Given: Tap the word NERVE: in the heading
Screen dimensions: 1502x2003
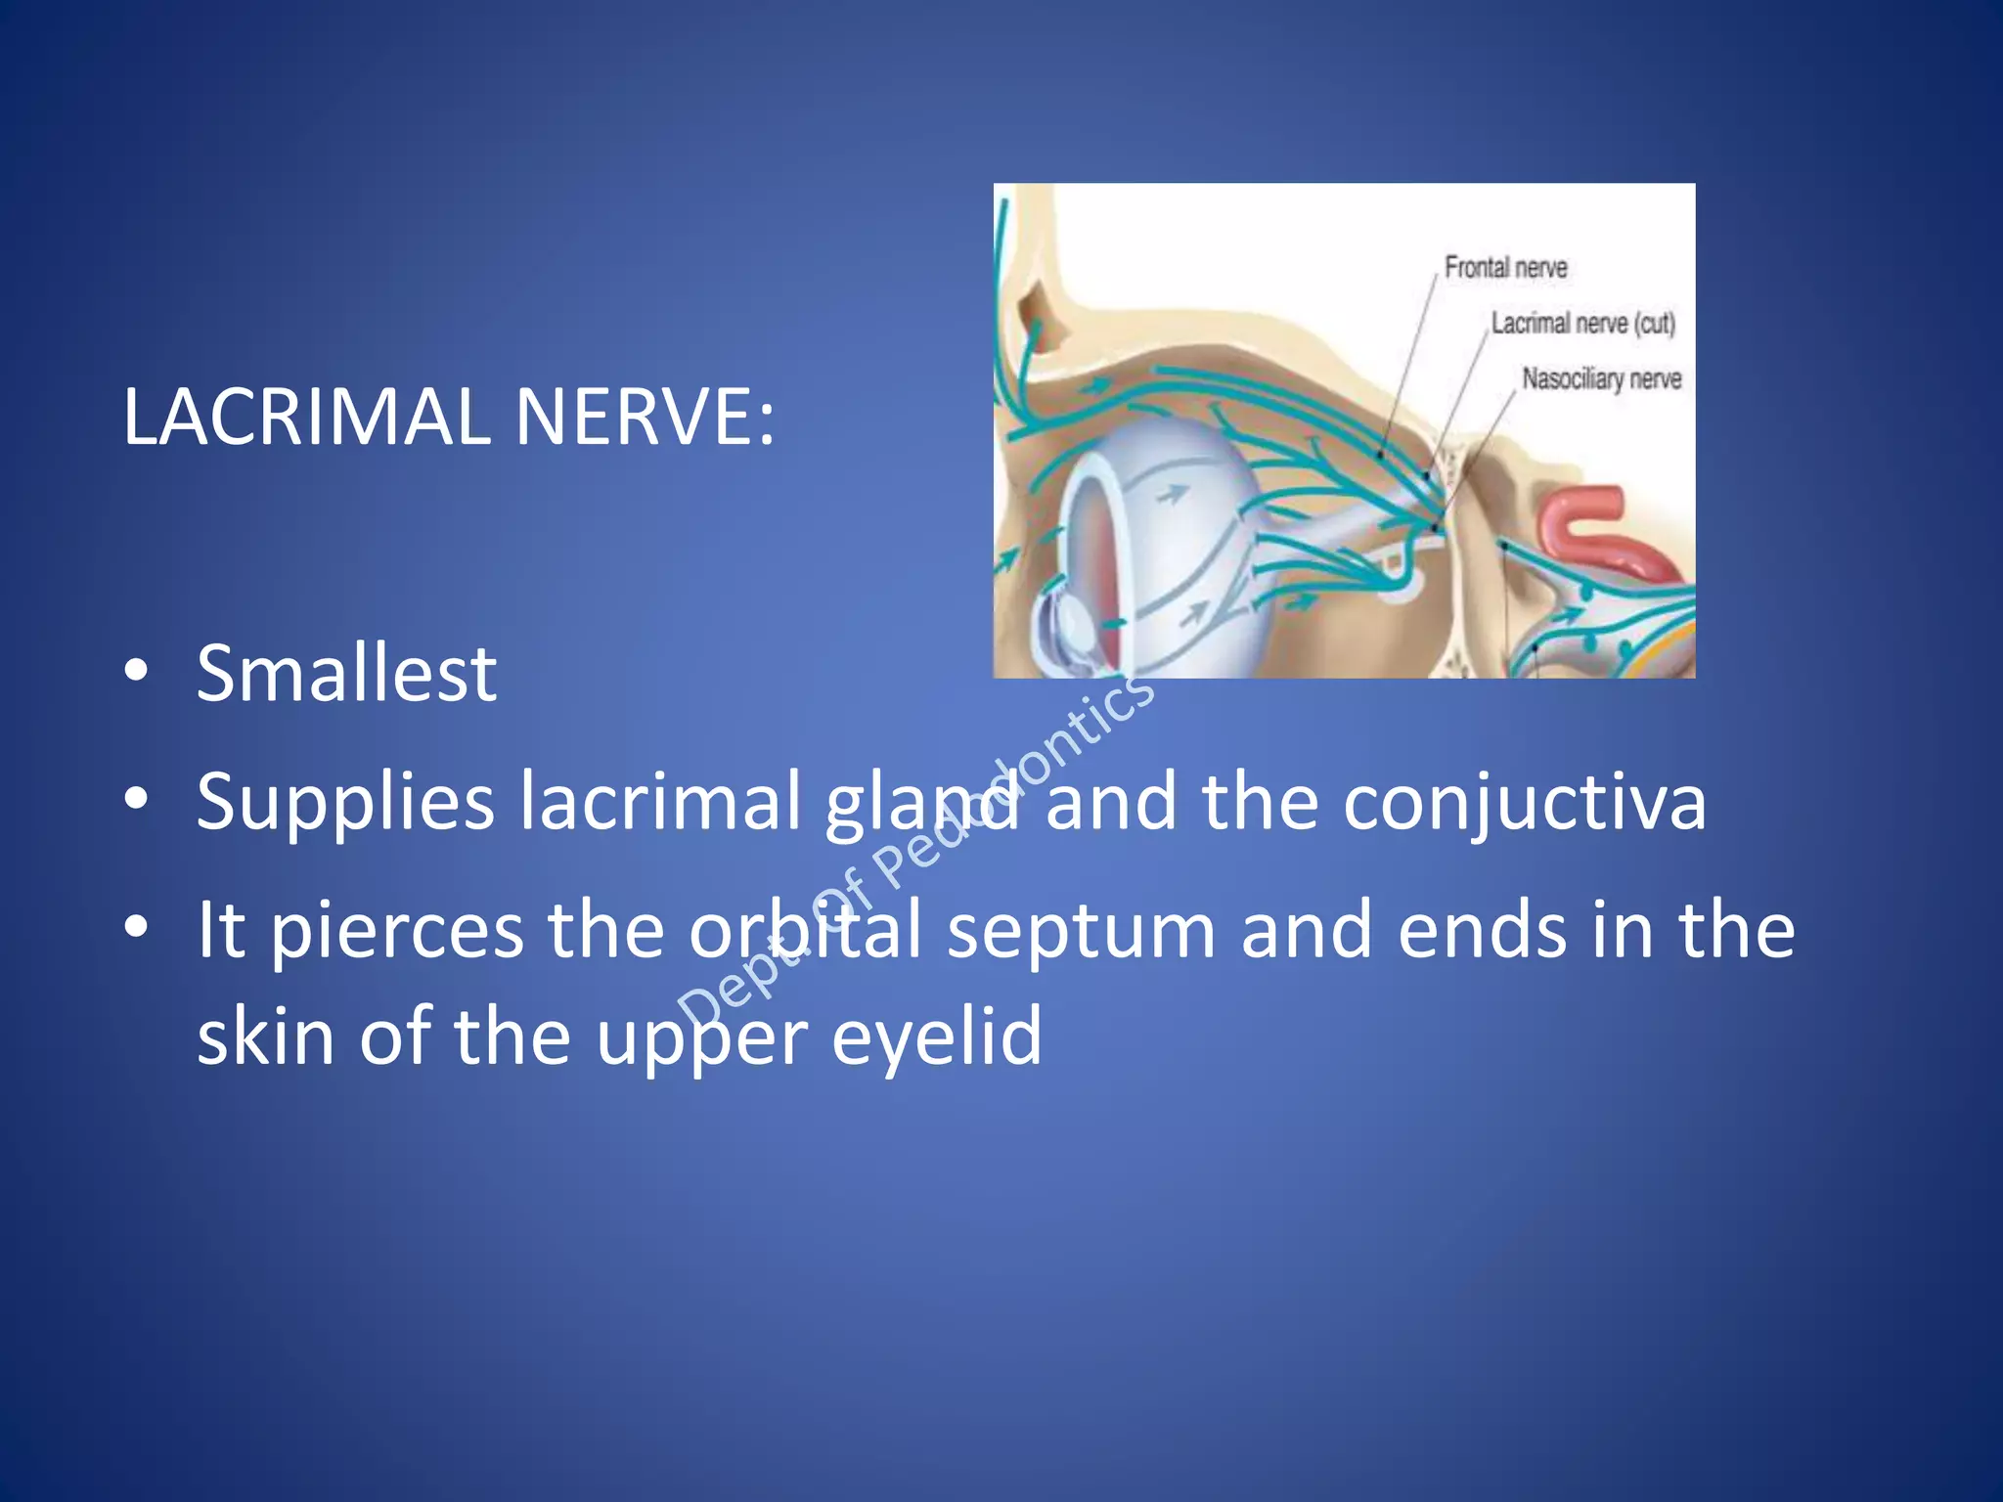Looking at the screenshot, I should click(x=645, y=418).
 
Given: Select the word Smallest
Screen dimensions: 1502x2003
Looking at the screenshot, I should click(x=346, y=674).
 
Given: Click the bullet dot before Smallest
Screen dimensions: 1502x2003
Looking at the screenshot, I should click(x=136, y=671).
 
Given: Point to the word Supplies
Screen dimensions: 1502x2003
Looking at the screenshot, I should click(x=345, y=803).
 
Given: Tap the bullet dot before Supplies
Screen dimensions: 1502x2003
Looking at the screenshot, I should click(x=136, y=799).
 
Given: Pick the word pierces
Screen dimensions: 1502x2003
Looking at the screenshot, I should click(x=396, y=931).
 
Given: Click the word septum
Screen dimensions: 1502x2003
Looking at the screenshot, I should click(x=1081, y=931).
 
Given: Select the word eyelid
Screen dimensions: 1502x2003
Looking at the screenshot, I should click(x=936, y=1037).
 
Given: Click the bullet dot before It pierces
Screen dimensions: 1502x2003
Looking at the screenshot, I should click(x=136, y=926).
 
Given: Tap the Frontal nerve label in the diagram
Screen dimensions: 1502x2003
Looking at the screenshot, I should click(x=1505, y=268).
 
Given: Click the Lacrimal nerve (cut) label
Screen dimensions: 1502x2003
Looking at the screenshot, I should click(x=1582, y=324).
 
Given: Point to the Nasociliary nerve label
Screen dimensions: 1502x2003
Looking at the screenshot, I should click(x=1601, y=379).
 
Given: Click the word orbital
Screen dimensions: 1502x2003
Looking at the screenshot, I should click(x=804, y=931).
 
